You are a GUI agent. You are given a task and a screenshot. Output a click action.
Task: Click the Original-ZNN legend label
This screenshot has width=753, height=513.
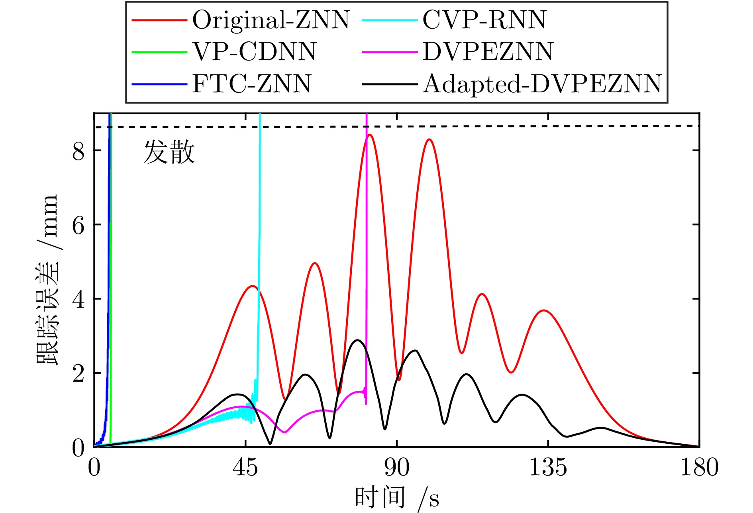coord(271,20)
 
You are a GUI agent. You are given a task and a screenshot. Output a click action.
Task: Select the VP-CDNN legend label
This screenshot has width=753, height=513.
coord(254,52)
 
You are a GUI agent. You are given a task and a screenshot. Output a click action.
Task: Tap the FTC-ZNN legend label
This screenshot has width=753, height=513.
coord(252,84)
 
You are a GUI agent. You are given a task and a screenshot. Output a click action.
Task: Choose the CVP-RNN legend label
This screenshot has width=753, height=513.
coord(484,20)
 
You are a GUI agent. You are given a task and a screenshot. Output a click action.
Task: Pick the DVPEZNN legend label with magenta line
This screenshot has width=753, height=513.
coord(488,52)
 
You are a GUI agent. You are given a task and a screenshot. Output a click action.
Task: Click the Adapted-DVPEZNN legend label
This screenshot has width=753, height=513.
coord(542,84)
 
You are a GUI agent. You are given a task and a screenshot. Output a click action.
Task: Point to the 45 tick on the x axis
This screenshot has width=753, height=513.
coord(245,467)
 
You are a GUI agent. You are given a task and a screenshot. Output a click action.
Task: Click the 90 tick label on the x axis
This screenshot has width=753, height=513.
coord(397,467)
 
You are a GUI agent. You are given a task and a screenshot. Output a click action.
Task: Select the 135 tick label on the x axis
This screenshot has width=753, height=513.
coord(548,467)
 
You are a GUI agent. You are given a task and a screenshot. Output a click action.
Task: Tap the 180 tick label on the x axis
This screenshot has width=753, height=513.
coord(699,467)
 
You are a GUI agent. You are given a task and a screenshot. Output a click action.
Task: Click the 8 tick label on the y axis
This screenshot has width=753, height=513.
coord(78,151)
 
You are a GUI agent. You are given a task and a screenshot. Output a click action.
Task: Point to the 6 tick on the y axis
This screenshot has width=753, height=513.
coord(78,225)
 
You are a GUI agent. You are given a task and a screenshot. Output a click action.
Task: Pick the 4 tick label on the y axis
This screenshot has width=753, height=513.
coord(78,299)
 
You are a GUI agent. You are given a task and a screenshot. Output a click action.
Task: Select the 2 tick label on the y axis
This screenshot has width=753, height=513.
coord(78,373)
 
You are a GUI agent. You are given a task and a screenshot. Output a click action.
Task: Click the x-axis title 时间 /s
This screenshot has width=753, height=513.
coord(397,497)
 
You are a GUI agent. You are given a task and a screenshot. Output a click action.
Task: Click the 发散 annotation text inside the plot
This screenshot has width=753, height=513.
coord(169,152)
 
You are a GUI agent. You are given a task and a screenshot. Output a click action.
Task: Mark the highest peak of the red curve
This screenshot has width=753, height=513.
coord(370,135)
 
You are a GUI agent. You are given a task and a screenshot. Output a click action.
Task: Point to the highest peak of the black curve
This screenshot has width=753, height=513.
coord(357,340)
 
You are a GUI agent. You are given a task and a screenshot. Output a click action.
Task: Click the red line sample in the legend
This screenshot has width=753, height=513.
coord(159,20)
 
